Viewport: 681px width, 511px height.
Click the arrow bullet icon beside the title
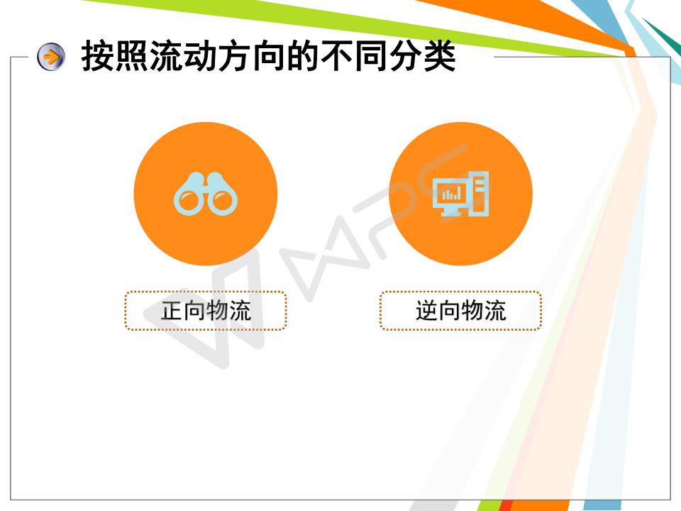pyautogui.click(x=51, y=57)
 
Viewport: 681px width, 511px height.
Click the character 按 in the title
pyautogui.click(x=98, y=55)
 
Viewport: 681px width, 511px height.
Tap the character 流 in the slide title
pyautogui.click(x=166, y=55)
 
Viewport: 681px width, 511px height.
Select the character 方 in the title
pyautogui.click(x=235, y=55)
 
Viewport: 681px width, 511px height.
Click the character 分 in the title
pyautogui.click(x=406, y=55)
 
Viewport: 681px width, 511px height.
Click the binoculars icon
pyautogui.click(x=206, y=194)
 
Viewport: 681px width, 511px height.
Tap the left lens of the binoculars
pyautogui.click(x=189, y=201)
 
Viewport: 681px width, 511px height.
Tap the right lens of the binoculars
pyautogui.click(x=222, y=201)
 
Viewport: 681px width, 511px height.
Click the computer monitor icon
pyautogui.click(x=460, y=194)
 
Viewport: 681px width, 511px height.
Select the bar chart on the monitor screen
pyautogui.click(x=451, y=193)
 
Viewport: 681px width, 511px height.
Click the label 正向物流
pyautogui.click(x=206, y=311)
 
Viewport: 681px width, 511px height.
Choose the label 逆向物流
pyautogui.click(x=461, y=311)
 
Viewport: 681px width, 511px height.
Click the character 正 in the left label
pyautogui.click(x=172, y=311)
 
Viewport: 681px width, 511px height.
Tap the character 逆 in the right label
pyautogui.click(x=427, y=311)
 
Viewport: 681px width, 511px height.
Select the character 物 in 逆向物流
pyautogui.click(x=472, y=311)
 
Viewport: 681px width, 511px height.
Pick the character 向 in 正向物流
pyautogui.click(x=194, y=311)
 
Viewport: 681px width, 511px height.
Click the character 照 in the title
pyautogui.click(x=133, y=55)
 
